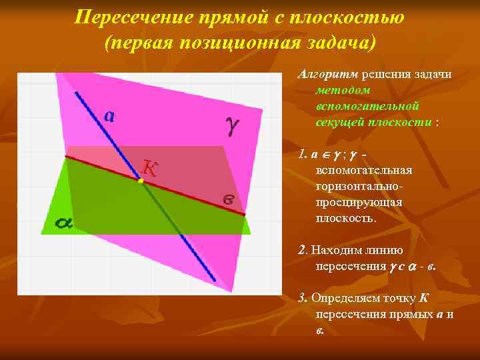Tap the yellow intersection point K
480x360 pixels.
141,180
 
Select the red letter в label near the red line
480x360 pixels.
228,199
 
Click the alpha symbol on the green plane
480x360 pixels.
64,223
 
